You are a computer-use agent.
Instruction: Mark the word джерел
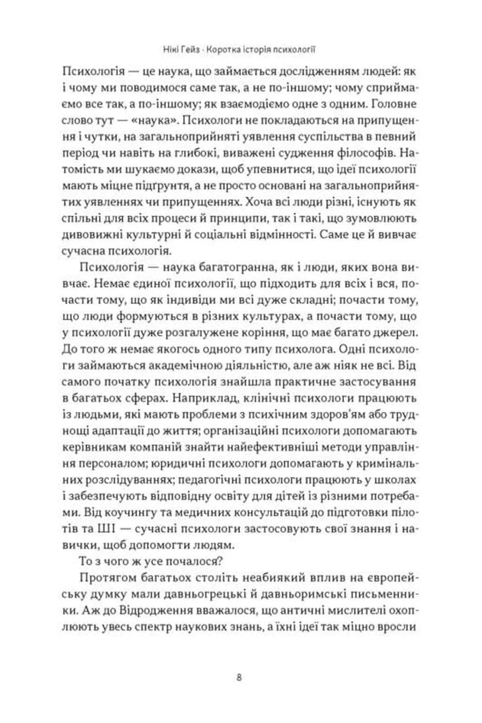pyautogui.click(x=394, y=332)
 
